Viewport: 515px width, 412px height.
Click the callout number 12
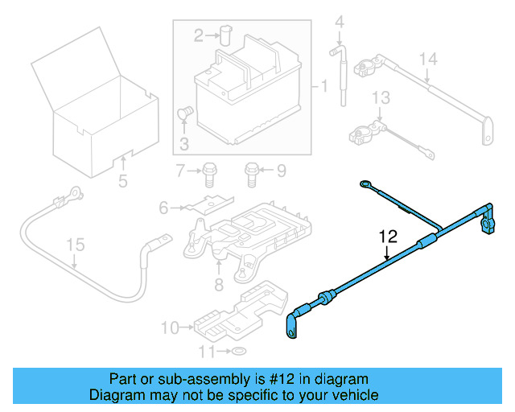pyautogui.click(x=388, y=237)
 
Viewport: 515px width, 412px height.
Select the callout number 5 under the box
pyautogui.click(x=122, y=181)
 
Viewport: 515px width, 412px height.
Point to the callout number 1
pyautogui.click(x=323, y=85)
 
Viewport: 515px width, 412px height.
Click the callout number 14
pyautogui.click(x=429, y=58)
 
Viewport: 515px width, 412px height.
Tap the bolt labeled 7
pyautogui.click(x=208, y=170)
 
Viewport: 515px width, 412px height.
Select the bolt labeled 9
pyautogui.click(x=251, y=170)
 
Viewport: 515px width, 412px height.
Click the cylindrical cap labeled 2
pyautogui.click(x=225, y=33)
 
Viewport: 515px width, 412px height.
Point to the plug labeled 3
pyautogui.click(x=183, y=114)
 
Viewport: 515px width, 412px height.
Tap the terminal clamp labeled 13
pyautogui.click(x=364, y=130)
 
